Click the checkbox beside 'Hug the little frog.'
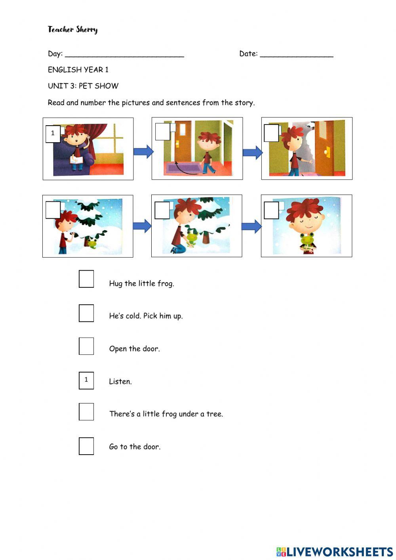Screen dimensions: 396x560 86,279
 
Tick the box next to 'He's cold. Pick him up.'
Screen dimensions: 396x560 86,313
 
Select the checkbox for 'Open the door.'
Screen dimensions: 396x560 86,346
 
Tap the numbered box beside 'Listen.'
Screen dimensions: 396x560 86,380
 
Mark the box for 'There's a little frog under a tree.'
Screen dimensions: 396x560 86,411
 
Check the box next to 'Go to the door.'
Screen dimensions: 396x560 86,446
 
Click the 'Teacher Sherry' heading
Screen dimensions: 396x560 73,30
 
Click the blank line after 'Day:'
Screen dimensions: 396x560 124,57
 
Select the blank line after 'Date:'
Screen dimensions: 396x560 297,57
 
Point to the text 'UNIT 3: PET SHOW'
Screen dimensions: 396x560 83,86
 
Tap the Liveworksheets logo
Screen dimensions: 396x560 335,552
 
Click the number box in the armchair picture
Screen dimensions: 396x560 53,134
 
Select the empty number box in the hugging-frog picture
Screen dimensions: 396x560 271,210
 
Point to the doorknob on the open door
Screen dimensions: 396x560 327,152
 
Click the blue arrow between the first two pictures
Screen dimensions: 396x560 143,151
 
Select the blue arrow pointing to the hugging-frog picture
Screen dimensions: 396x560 251,227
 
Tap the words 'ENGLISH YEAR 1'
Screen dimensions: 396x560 78,69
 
